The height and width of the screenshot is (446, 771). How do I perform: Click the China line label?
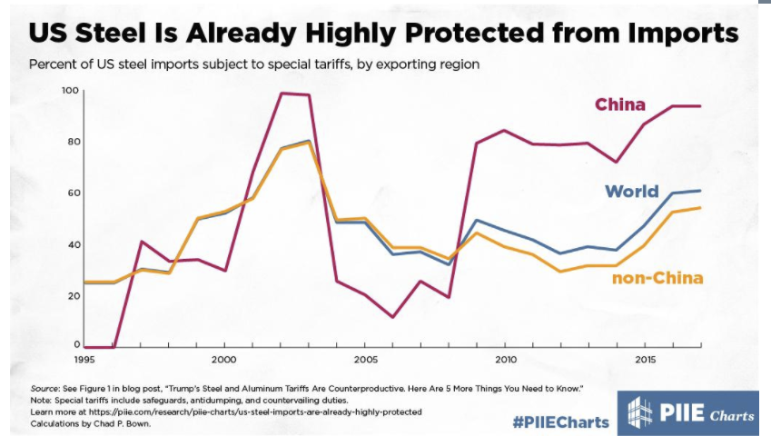click(x=620, y=104)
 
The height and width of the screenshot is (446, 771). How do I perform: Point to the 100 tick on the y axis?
click(x=70, y=91)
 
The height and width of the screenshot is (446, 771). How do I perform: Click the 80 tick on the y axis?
click(x=72, y=142)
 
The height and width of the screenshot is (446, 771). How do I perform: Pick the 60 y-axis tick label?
click(x=72, y=193)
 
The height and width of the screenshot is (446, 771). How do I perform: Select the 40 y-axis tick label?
click(x=72, y=244)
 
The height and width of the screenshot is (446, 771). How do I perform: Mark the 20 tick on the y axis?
click(x=72, y=295)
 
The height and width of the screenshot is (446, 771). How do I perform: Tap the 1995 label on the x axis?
click(x=86, y=360)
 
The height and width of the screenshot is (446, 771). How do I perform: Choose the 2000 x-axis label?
click(x=224, y=360)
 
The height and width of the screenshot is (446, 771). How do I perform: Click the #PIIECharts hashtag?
click(x=558, y=419)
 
